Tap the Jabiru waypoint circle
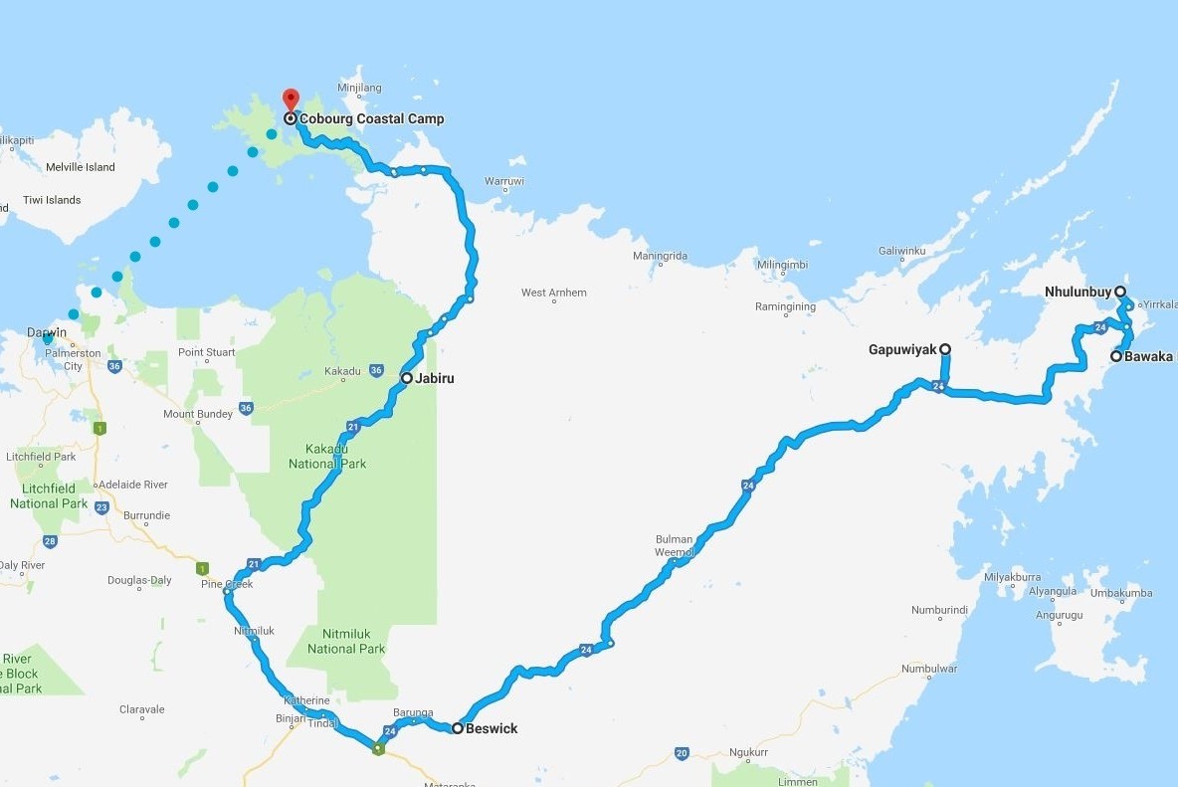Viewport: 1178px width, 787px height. pos(407,378)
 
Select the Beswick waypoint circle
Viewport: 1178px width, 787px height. pos(457,728)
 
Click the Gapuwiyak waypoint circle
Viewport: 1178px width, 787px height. pos(945,349)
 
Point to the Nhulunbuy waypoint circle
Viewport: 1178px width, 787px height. pos(1120,292)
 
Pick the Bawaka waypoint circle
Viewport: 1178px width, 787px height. pos(1116,356)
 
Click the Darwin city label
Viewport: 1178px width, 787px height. pos(48,330)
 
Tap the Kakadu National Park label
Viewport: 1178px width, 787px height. pos(327,456)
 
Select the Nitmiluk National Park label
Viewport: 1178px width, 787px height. pos(345,641)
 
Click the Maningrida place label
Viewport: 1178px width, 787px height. pos(660,257)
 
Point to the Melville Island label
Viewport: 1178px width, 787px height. pos(81,167)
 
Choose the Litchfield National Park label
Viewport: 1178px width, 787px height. pos(48,495)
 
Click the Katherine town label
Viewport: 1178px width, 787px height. pos(305,700)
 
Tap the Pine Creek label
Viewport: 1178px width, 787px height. pos(227,584)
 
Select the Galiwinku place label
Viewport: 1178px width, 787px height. pos(904,251)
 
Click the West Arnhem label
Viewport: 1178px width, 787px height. pos(554,293)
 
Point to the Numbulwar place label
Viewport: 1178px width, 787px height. pos(929,669)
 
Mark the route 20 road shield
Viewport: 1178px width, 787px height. pos(681,753)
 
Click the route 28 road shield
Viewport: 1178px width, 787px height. pos(50,542)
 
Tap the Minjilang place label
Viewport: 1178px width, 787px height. pos(360,88)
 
